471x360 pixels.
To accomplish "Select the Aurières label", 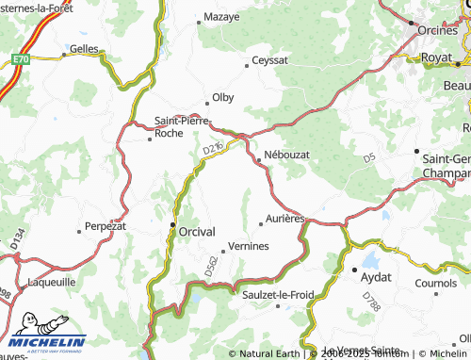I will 284,218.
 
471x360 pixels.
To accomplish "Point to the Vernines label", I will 248,246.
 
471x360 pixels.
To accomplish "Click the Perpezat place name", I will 105,226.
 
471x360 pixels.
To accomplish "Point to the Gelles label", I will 84,48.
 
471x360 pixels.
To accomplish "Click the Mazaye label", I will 221,17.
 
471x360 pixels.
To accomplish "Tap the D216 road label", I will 212,148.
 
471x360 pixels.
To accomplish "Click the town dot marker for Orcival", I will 172,225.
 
